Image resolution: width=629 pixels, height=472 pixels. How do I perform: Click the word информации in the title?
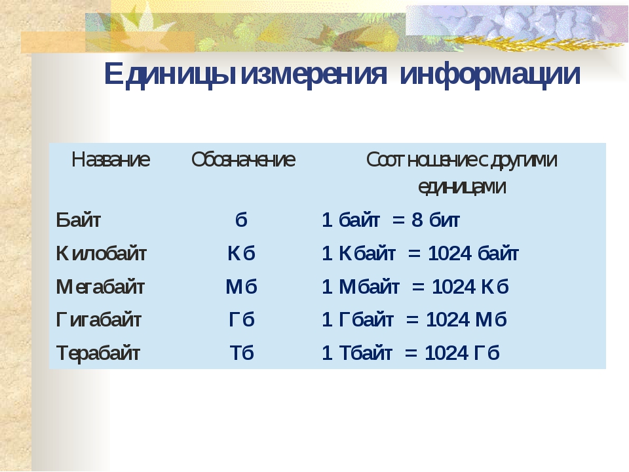tap(490, 74)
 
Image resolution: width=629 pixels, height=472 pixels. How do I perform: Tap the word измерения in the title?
tap(313, 74)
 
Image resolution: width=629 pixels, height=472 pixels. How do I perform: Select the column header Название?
tap(111, 159)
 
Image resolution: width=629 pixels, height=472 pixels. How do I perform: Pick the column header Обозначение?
tap(243, 159)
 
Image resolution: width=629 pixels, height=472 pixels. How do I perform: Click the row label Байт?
tap(78, 220)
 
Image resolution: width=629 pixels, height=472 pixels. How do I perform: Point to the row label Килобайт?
tap(101, 253)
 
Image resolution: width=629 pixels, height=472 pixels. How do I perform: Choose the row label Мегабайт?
tap(100, 286)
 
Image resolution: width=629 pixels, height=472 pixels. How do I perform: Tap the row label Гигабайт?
tap(99, 320)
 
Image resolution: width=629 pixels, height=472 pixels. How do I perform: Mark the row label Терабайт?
tap(98, 353)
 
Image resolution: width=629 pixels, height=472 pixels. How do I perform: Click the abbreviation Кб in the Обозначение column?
tap(241, 253)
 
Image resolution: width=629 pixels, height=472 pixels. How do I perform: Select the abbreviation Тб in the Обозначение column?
tap(242, 353)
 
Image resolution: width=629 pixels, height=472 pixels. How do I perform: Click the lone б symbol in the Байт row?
tap(241, 220)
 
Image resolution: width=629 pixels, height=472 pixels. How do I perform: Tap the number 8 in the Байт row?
tap(417, 220)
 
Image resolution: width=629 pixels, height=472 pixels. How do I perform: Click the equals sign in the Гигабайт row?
tap(412, 320)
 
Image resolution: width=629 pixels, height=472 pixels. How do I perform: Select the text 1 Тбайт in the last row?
tap(356, 353)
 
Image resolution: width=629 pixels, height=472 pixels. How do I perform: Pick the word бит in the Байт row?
tap(444, 220)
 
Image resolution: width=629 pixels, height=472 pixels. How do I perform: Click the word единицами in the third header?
tap(462, 187)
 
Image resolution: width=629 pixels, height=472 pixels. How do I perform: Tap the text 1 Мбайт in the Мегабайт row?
tap(360, 286)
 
